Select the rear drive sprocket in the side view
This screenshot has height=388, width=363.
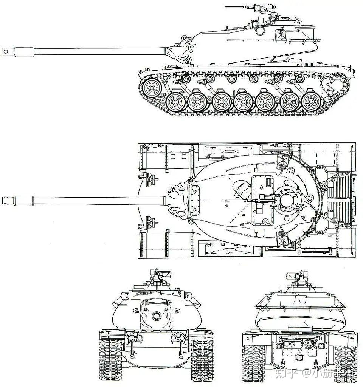coord(336,85)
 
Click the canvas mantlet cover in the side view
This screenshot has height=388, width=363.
coord(182,49)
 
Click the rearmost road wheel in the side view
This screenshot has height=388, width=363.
coord(311,101)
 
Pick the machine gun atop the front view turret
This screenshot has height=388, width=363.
coord(159,274)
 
